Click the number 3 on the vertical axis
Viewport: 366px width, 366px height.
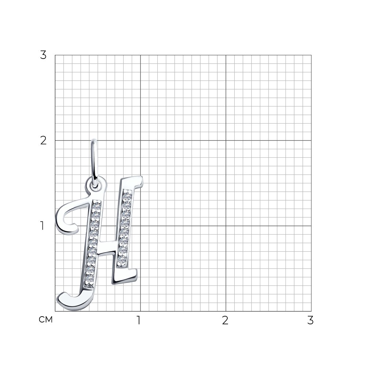point(43,55)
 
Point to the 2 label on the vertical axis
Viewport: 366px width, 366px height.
point(43,141)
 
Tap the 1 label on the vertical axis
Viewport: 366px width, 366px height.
point(42,226)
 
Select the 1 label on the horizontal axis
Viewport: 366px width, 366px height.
point(139,320)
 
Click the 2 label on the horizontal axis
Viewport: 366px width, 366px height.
point(225,320)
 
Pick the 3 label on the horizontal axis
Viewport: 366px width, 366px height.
point(310,320)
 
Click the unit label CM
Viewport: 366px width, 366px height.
point(46,320)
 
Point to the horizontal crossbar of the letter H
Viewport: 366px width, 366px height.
point(107,247)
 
